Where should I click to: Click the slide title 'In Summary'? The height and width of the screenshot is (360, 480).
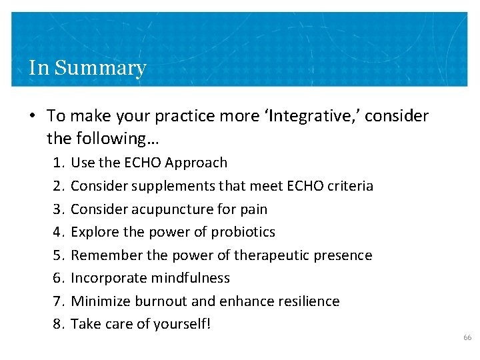pyautogui.click(x=87, y=68)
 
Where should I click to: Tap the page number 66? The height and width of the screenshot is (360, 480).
pyautogui.click(x=467, y=338)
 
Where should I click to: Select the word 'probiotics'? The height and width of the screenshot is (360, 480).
pyautogui.click(x=243, y=232)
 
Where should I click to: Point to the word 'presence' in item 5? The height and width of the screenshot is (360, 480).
pyautogui.click(x=345, y=255)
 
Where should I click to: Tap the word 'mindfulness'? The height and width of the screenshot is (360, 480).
pyautogui.click(x=191, y=278)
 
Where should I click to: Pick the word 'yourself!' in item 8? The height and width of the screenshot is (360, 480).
pyautogui.click(x=181, y=324)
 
